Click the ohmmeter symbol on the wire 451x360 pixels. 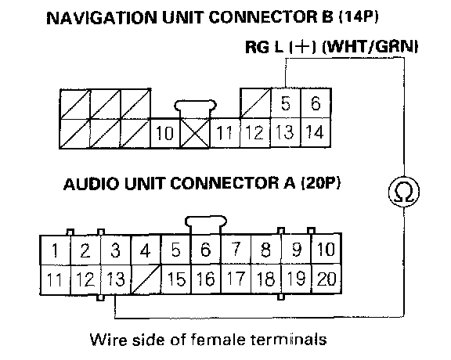point(404,192)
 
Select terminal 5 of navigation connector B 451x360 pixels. point(286,103)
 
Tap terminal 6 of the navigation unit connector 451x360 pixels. point(316,103)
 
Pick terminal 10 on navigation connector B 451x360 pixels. point(164,133)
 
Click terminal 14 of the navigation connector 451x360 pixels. point(316,132)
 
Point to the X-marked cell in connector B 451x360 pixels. point(195,133)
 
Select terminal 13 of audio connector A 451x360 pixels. point(116,279)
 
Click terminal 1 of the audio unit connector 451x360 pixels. point(55,250)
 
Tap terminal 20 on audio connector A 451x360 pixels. point(327,279)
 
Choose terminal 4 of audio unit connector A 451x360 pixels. point(146,250)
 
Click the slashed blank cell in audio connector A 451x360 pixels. point(146,279)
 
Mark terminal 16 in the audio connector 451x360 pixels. point(206,279)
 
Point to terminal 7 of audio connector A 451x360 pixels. point(236,250)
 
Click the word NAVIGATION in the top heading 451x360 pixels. point(102,18)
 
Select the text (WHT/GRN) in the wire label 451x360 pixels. point(370,47)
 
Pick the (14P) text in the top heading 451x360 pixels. point(359,17)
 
